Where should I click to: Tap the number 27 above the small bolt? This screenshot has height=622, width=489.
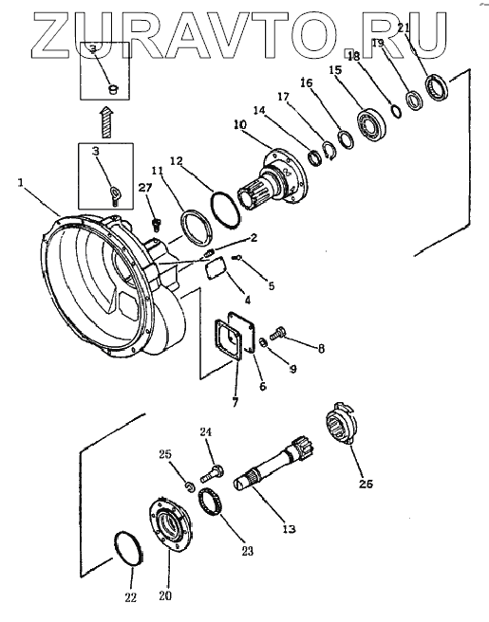[145, 188]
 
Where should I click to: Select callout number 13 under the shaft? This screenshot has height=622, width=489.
[290, 529]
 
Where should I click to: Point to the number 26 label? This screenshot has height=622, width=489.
[367, 484]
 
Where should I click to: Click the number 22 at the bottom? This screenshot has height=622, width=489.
[131, 597]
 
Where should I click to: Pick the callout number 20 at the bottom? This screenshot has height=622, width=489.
[165, 595]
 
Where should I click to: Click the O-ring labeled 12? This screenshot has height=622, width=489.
[225, 209]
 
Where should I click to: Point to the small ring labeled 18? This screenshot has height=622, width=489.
[396, 111]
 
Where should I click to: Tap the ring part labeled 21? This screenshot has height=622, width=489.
[437, 86]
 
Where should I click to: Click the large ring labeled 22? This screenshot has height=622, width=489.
[128, 550]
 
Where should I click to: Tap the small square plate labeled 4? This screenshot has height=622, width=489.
[216, 268]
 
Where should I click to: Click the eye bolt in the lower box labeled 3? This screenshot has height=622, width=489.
[115, 195]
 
